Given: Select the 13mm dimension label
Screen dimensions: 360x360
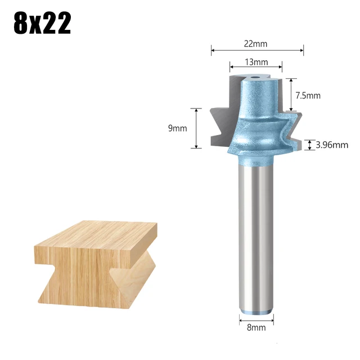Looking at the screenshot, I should coord(256,62).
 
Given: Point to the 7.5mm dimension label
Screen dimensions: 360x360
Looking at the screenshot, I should coord(309,96).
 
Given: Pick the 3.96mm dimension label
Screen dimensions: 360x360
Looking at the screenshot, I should coord(332,145).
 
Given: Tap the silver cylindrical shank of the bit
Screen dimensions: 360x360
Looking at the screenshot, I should coord(256,236).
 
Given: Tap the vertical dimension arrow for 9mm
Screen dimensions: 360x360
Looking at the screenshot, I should coord(196,128).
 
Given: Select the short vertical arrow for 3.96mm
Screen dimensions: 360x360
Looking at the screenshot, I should coord(309,145).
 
